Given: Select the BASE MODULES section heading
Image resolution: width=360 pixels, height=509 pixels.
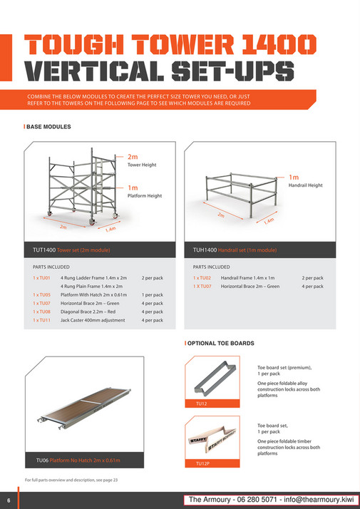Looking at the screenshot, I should pos(49,127).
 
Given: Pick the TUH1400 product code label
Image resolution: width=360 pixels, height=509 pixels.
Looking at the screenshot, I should pos(205,250).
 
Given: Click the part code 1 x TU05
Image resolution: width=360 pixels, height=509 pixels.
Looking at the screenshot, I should pos(41,294).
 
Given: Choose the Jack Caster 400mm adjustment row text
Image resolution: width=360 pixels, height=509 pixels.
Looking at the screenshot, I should pos(93,320).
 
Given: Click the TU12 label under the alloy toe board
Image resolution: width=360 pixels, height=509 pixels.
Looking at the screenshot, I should pos(201,403).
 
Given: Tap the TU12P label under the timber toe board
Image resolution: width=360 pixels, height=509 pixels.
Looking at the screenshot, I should pos(202,463).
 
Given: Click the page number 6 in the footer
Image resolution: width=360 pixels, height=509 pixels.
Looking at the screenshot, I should pos(9,499).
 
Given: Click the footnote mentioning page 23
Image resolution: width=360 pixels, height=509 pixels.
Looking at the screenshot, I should pos(71,480).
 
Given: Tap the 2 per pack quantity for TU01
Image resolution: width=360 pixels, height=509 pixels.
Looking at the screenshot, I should pos(153,278).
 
